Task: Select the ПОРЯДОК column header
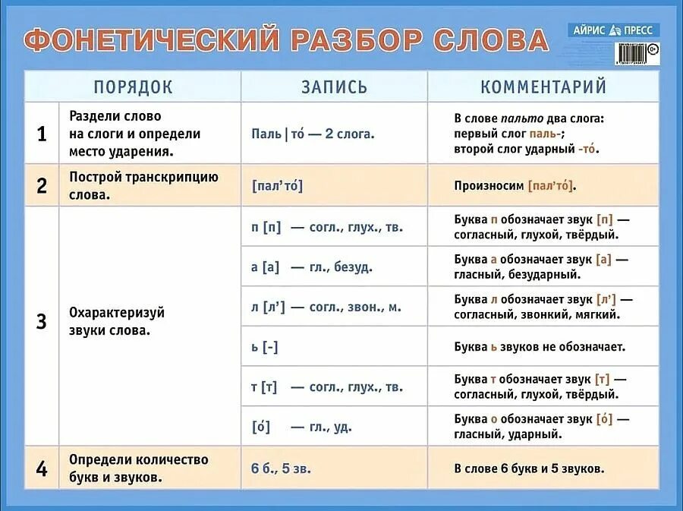(133, 87)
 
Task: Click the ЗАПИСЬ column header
(334, 87)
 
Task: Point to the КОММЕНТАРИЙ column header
(543, 87)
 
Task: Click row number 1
(42, 134)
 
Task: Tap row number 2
(42, 186)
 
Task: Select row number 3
(42, 321)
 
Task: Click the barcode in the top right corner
(631, 53)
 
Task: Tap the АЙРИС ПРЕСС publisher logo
(613, 30)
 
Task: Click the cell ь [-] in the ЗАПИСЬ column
(265, 347)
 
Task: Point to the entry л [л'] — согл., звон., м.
(326, 307)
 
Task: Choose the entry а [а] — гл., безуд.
(311, 267)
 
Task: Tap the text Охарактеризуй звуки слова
(117, 322)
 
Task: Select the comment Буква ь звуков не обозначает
(540, 347)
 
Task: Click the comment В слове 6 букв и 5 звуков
(529, 468)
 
